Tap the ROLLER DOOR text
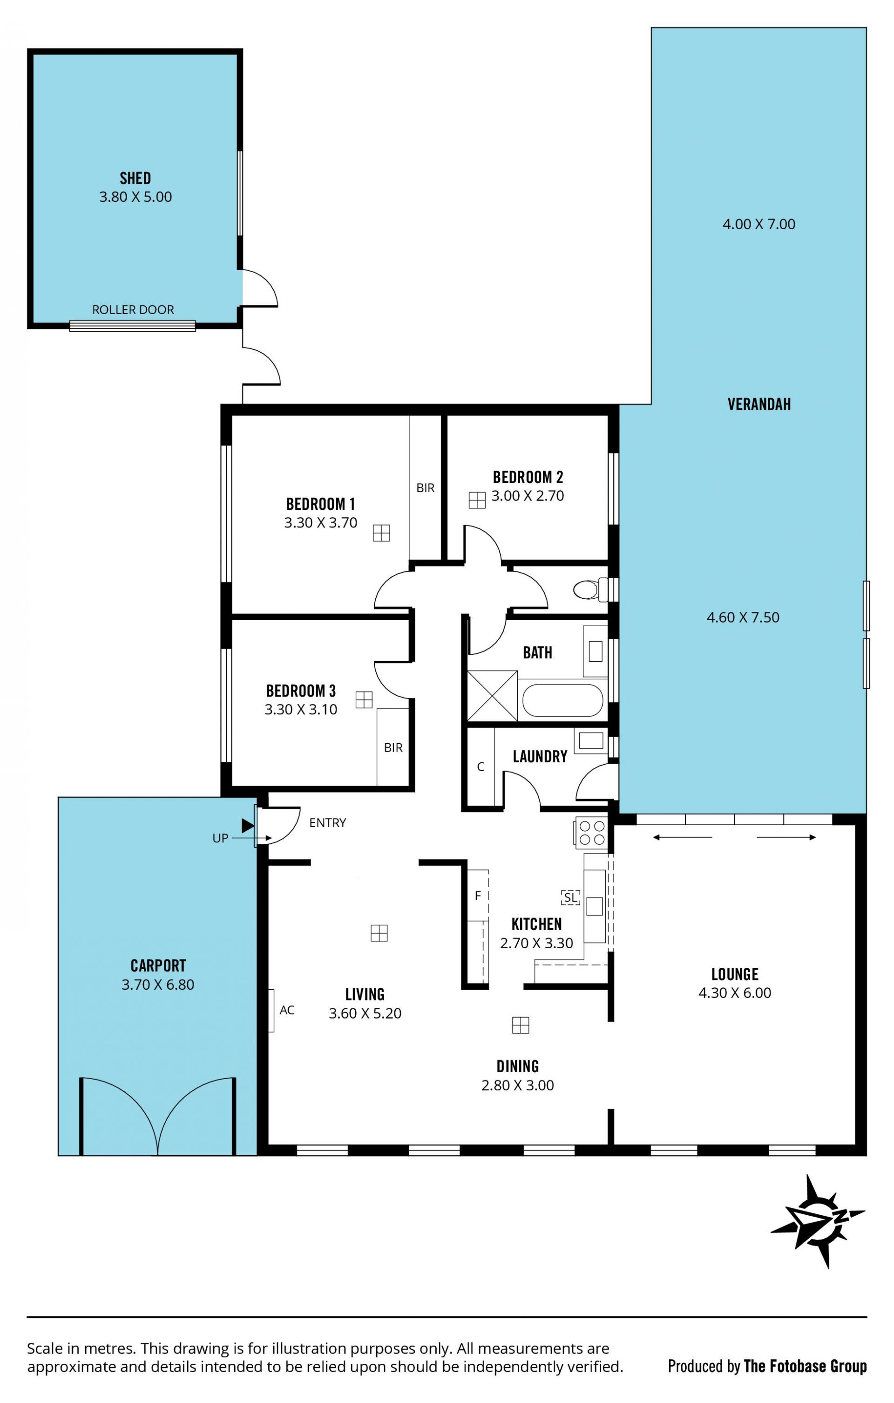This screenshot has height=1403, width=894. coord(133,309)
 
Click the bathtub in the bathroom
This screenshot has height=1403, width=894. coord(562,700)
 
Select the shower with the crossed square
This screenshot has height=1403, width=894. coord(492,696)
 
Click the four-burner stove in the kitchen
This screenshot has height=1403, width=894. coord(592,833)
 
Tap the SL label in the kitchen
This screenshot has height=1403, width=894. coord(571,897)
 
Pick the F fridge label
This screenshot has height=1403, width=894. coord(478,896)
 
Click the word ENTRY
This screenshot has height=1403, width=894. coord(327,823)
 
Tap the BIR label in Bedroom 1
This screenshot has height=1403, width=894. coord(425,488)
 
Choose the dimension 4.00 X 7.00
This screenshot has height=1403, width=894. coord(759,224)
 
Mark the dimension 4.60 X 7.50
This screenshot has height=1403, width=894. coord(743,617)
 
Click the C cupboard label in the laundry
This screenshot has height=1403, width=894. coord(481,767)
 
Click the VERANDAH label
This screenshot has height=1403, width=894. coord(759,404)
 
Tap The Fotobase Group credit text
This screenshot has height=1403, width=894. coord(805,1366)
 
